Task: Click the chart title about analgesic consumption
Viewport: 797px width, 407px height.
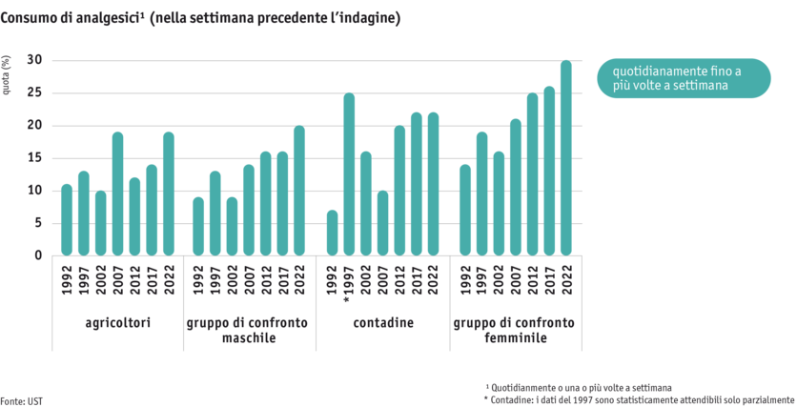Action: tap(199, 18)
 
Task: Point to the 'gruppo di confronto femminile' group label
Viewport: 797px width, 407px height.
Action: tap(514, 330)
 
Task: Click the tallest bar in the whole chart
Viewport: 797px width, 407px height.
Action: tap(565, 157)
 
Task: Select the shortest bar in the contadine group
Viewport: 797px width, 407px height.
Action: tap(333, 233)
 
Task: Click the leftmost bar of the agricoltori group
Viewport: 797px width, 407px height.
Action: tap(67, 219)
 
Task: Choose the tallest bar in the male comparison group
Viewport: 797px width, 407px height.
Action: tap(299, 191)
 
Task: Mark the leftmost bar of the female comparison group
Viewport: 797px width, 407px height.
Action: tap(464, 210)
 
